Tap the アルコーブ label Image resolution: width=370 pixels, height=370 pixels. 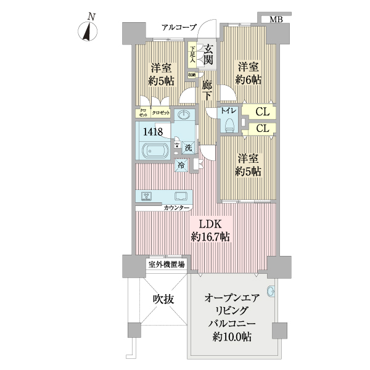click(179, 27)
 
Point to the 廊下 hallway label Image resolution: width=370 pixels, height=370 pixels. click(208, 89)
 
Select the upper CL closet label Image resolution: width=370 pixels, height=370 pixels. click(262, 112)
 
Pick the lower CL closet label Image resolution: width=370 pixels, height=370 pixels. click(262, 128)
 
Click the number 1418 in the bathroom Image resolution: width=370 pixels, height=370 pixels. click(154, 131)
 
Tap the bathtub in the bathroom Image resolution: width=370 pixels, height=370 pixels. click(157, 151)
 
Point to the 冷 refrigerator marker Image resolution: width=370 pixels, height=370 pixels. click(181, 165)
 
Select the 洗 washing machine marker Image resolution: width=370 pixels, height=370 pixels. click(189, 147)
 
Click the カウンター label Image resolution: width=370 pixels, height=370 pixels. click(177, 208)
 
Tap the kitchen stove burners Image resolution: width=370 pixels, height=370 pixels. click(147, 196)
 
